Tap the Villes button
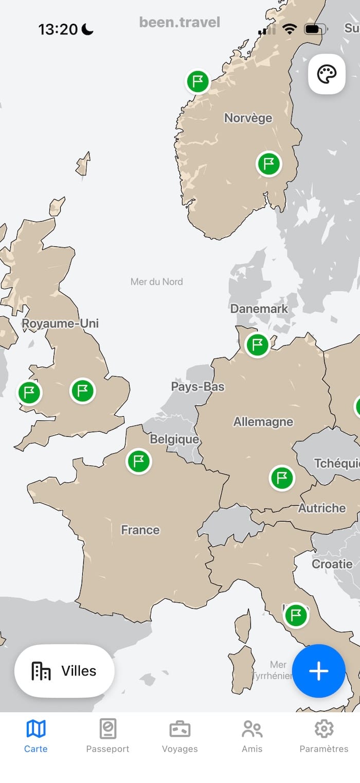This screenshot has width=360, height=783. point(64,671)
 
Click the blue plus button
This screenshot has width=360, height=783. point(319,671)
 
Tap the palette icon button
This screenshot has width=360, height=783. point(327,75)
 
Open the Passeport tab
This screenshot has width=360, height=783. point(108,736)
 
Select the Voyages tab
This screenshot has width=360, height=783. point(180,736)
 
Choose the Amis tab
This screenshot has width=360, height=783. point(252,736)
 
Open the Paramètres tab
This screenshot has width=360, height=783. point(324,736)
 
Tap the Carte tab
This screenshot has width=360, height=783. point(36,736)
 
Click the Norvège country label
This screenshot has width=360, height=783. point(248,118)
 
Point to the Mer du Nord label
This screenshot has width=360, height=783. point(157,282)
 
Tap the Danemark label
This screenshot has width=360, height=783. point(259,309)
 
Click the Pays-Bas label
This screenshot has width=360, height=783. point(198,387)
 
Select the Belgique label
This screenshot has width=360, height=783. point(174,439)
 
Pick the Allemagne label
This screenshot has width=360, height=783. point(263,422)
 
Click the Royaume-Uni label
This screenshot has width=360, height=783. point(60,324)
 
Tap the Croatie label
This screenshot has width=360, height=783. point(332,564)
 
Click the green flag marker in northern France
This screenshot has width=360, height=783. point(139,461)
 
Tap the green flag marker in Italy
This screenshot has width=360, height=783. point(296,615)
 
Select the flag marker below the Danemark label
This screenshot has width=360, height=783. point(257,345)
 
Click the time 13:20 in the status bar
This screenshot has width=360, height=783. point(58,29)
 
